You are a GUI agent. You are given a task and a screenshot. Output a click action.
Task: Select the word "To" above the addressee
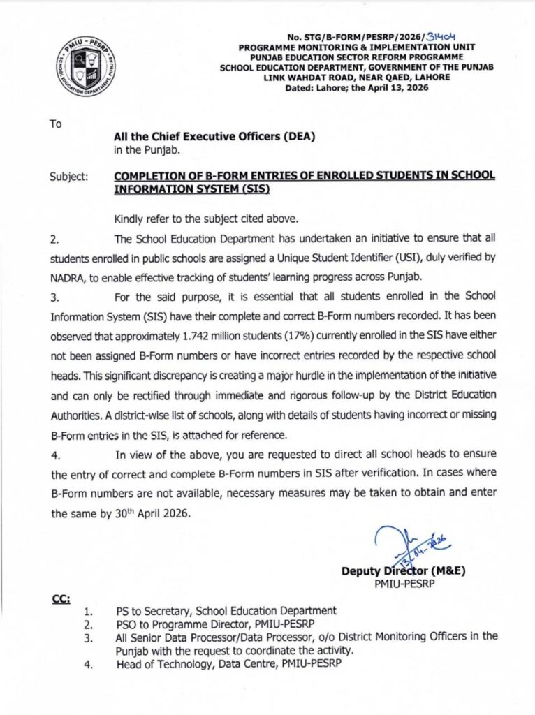pos(56,124)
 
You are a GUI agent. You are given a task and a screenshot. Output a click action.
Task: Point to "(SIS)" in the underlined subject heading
pos(254,189)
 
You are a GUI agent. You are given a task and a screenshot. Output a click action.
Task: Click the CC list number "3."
pos(89,637)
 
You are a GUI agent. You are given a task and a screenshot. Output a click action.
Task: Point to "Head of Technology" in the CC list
pos(161,664)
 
